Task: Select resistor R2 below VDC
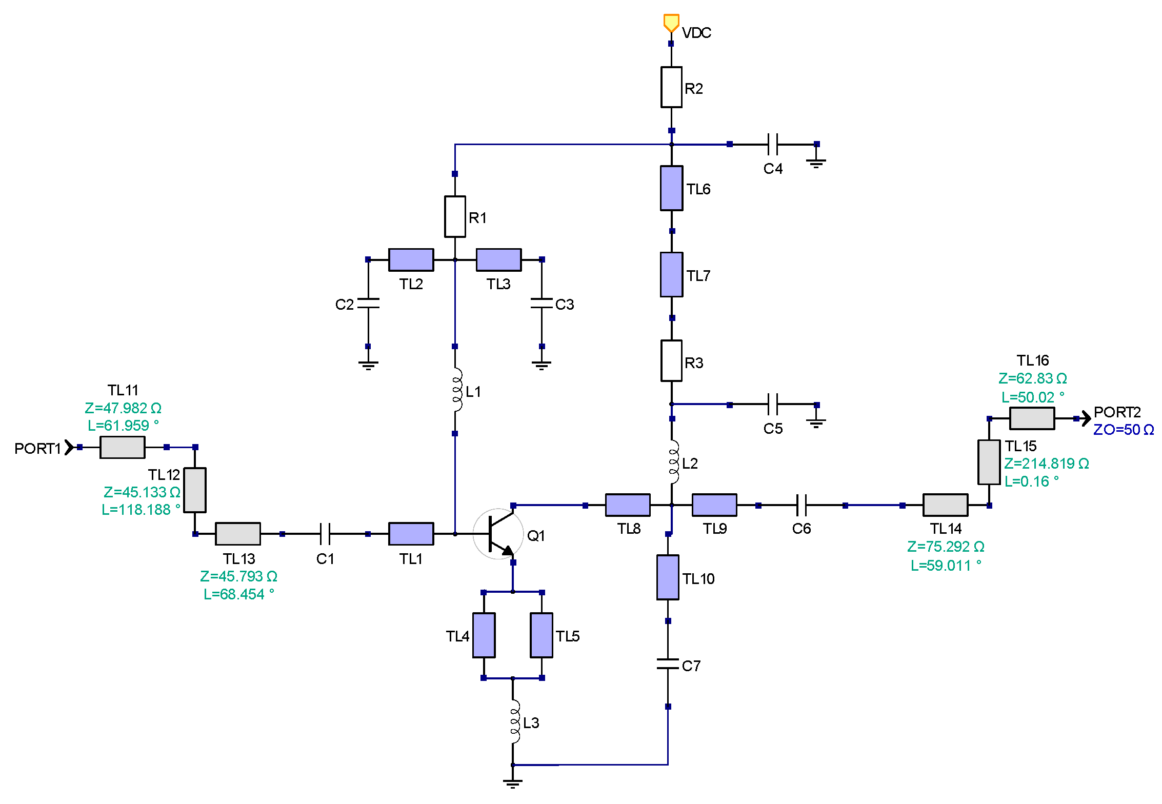tap(671, 87)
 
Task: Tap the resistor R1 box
tap(455, 216)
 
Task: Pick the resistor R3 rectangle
tap(671, 361)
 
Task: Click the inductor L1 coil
tap(456, 390)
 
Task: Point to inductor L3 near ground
tap(514, 721)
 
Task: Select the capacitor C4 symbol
tap(773, 145)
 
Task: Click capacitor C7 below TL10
tap(668, 664)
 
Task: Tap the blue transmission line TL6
tap(671, 188)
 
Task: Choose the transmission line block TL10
tap(668, 577)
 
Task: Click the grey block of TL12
tap(195, 490)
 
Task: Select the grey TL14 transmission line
tap(945, 505)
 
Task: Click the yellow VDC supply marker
tap(671, 23)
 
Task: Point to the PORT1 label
tap(37, 449)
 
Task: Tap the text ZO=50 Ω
tap(1123, 430)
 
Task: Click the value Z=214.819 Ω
tap(1046, 464)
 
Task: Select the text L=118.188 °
tap(141, 510)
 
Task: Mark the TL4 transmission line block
tap(484, 635)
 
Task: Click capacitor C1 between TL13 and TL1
tap(325, 534)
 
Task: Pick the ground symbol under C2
tap(368, 365)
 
